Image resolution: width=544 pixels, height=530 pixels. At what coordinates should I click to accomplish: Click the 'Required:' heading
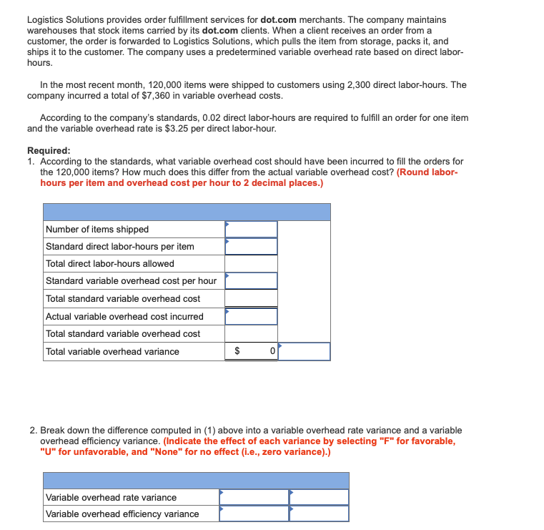point(49,151)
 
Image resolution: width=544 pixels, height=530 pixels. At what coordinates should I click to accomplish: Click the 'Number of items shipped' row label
point(97,230)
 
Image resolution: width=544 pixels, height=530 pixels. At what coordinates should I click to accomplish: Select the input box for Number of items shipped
point(251,230)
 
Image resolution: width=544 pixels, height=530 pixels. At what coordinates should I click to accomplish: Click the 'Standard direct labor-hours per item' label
point(120,247)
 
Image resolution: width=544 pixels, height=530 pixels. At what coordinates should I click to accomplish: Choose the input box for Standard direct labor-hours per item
point(251,247)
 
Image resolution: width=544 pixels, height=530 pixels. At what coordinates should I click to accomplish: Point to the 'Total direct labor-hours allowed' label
point(110,264)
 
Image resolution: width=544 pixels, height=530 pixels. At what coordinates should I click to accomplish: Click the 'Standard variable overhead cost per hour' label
point(131,281)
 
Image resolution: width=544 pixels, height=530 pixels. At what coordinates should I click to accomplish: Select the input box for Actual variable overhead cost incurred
point(251,316)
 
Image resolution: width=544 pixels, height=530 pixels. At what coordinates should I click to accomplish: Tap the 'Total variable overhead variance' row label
point(112,352)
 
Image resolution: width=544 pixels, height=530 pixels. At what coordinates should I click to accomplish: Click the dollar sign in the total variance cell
point(238,352)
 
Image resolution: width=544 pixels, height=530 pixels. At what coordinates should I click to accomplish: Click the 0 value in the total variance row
point(272,352)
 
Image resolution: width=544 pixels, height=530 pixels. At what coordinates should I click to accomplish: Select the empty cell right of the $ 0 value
point(304,352)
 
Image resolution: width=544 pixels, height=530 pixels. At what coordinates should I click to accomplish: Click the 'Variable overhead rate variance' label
point(111,498)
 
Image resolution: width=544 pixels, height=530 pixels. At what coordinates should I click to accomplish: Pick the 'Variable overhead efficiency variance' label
point(122,514)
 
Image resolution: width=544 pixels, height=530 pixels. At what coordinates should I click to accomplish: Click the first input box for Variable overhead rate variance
point(254,498)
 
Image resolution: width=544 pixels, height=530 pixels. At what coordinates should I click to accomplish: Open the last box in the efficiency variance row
point(319,514)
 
